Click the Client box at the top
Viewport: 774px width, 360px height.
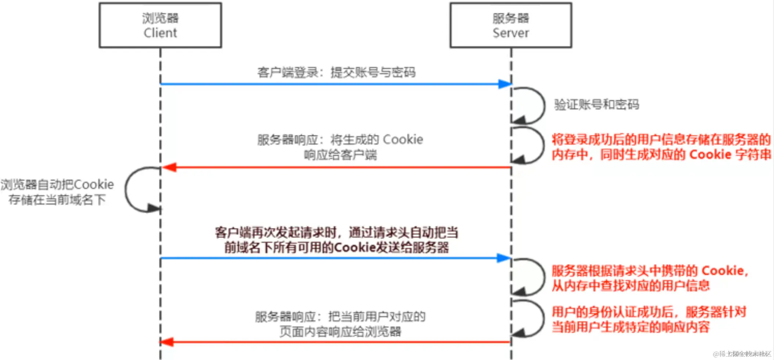click(x=160, y=25)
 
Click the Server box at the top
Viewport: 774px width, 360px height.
click(x=511, y=25)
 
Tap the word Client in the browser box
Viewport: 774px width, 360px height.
click(x=160, y=33)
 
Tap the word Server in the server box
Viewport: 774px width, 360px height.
click(x=511, y=33)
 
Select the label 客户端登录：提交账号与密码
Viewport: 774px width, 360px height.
click(x=336, y=72)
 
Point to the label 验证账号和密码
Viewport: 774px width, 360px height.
click(x=597, y=105)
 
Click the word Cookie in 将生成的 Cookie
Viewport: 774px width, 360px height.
click(x=403, y=140)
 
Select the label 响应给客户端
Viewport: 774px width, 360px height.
click(x=340, y=155)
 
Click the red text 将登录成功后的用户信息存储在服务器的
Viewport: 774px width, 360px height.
click(x=661, y=140)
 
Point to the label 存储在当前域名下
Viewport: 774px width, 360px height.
click(x=57, y=200)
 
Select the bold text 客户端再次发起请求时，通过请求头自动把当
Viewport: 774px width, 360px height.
click(x=336, y=233)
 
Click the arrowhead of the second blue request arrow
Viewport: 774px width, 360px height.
click(x=504, y=258)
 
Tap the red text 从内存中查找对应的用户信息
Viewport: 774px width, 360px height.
click(x=630, y=285)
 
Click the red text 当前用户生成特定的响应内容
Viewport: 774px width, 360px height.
click(x=630, y=327)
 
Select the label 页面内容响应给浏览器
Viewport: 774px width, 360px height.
click(x=340, y=332)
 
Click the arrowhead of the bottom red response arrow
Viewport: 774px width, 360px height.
click(x=167, y=342)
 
